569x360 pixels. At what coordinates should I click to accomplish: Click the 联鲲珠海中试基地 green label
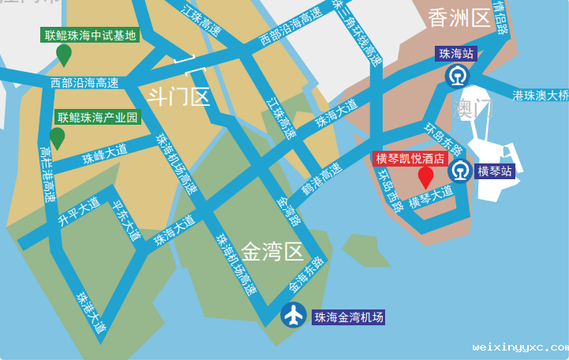point(91,36)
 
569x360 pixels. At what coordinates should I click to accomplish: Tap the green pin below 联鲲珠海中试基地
point(64,54)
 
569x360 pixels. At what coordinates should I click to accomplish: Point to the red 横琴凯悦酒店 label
point(410,158)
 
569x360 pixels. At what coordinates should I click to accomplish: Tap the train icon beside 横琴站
point(460,171)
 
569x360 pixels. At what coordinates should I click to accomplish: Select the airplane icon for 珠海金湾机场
point(294,316)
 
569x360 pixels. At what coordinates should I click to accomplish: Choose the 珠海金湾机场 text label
point(349,317)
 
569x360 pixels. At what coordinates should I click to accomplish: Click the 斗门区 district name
point(178,96)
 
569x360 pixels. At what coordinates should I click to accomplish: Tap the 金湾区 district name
point(271,252)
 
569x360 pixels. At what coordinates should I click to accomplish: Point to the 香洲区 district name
point(459,18)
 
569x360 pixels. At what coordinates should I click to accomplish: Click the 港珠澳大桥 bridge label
point(541,96)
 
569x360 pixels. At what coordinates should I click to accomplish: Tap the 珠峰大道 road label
point(104,154)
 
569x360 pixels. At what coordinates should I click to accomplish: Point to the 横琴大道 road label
point(431,197)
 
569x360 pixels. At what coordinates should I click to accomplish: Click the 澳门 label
point(472,108)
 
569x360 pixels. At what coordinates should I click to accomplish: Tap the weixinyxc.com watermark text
point(520,347)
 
